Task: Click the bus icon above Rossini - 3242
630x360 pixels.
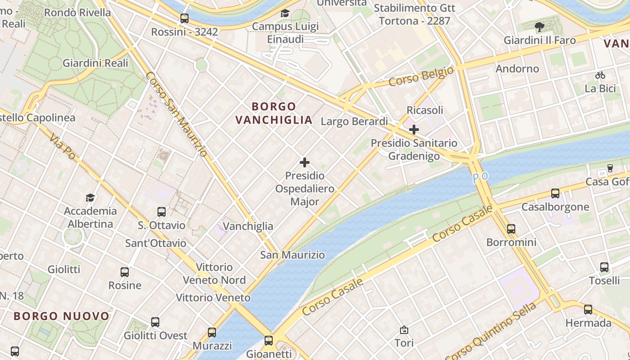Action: coord(184,18)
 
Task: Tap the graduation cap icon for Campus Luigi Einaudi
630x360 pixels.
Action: coord(285,13)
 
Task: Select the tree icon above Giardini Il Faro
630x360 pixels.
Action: coord(540,27)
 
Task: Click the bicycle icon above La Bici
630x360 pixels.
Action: coord(600,75)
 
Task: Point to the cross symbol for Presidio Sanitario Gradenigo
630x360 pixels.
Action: coord(414,130)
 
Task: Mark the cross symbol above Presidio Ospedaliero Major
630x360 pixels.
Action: coord(305,162)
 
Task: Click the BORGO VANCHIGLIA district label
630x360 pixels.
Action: coord(274,113)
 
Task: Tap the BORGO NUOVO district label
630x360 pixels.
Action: coord(62,316)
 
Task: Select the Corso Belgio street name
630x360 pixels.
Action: coord(421,76)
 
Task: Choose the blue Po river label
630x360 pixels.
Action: coord(480,178)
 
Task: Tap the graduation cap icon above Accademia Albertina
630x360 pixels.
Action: coord(90,198)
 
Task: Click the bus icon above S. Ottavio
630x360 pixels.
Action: coord(162,212)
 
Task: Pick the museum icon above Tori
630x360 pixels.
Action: coord(404,330)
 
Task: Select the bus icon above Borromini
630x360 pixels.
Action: coord(511,229)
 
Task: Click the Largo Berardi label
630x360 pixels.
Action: coord(354,121)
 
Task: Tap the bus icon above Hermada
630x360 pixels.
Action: coord(588,310)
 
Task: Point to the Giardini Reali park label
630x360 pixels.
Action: coord(95,63)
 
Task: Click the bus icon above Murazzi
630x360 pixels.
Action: coord(212,333)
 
